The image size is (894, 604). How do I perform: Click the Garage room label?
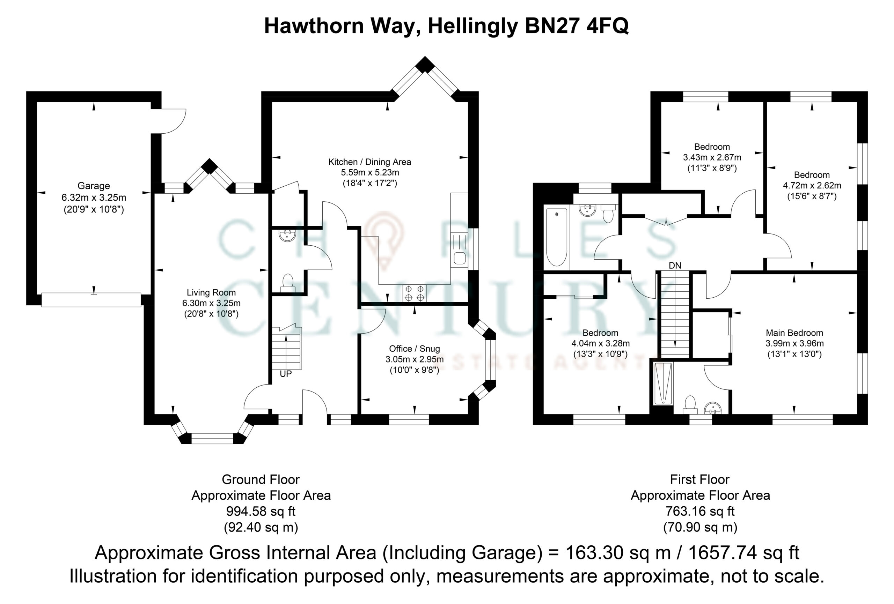[94, 186]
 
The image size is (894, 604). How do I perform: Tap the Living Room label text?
[211, 293]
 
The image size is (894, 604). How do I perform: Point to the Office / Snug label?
[414, 349]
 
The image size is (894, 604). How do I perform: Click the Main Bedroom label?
[794, 333]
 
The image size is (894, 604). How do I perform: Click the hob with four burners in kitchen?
[414, 293]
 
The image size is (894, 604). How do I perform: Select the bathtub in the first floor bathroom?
[557, 237]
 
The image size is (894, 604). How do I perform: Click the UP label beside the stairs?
[286, 374]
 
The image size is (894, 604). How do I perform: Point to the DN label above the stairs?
[675, 266]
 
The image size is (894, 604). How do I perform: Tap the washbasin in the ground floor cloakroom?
[287, 235]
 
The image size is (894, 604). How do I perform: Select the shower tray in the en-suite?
[663, 383]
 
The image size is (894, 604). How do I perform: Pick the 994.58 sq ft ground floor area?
[261, 511]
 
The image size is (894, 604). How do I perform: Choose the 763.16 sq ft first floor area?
[700, 511]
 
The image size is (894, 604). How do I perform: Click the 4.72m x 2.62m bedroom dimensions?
[812, 186]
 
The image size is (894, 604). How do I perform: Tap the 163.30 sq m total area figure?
[618, 553]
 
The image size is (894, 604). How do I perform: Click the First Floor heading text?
[700, 479]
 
